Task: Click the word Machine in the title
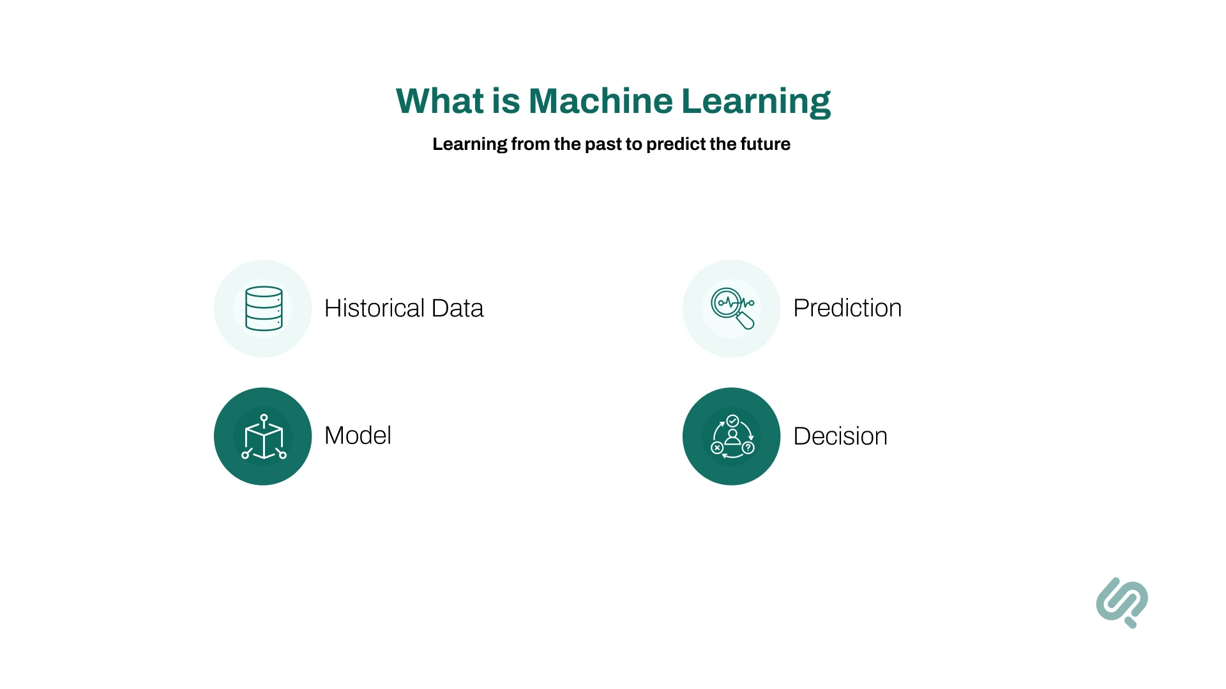pos(600,101)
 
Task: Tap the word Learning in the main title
pos(755,102)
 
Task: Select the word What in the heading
pos(440,101)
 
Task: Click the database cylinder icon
pos(264,309)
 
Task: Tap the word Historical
pos(374,308)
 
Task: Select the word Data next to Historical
pos(457,308)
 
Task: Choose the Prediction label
pos(847,308)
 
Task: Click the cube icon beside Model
pos(264,438)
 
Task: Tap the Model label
pos(358,436)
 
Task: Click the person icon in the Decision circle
pos(732,437)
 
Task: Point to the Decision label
pos(840,436)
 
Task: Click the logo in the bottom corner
pos(1122,602)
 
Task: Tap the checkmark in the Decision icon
pos(732,421)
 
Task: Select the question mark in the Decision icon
pos(748,448)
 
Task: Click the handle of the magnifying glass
pos(745,320)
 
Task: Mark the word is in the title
pos(506,101)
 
